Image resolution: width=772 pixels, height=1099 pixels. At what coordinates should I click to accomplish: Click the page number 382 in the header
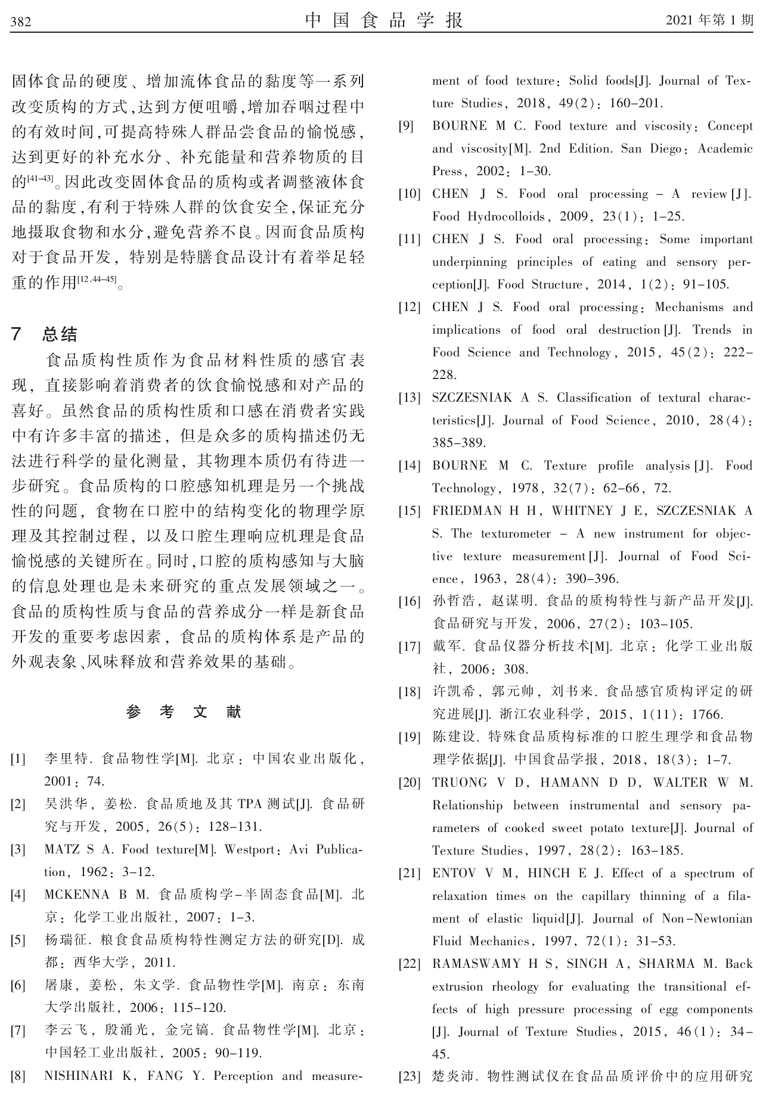(21, 22)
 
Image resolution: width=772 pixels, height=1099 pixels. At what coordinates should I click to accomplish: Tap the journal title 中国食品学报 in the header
(385, 21)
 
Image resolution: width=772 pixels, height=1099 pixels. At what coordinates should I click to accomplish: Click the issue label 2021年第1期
(709, 21)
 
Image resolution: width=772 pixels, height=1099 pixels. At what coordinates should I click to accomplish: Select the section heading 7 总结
(45, 334)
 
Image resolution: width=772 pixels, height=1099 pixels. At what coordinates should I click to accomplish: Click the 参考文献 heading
(185, 712)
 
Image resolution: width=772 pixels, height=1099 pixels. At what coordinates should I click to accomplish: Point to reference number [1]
(18, 759)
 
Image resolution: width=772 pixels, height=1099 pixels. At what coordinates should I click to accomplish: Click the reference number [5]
(18, 940)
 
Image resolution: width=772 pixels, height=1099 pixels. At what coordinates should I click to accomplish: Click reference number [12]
(410, 308)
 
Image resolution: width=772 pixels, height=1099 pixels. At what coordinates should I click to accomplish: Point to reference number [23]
(410, 1076)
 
